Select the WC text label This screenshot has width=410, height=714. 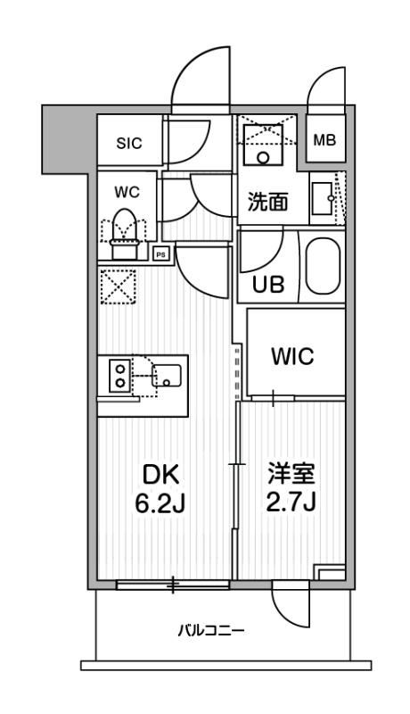tap(123, 191)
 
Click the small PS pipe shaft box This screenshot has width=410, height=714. tap(161, 253)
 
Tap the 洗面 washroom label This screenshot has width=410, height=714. tap(267, 202)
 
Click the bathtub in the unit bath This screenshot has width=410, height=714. tap(324, 267)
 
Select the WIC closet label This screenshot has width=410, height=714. tap(292, 356)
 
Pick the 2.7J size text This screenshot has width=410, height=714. tap(292, 505)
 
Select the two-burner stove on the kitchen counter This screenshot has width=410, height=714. tap(118, 374)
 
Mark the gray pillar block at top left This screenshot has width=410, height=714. tap(68, 139)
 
